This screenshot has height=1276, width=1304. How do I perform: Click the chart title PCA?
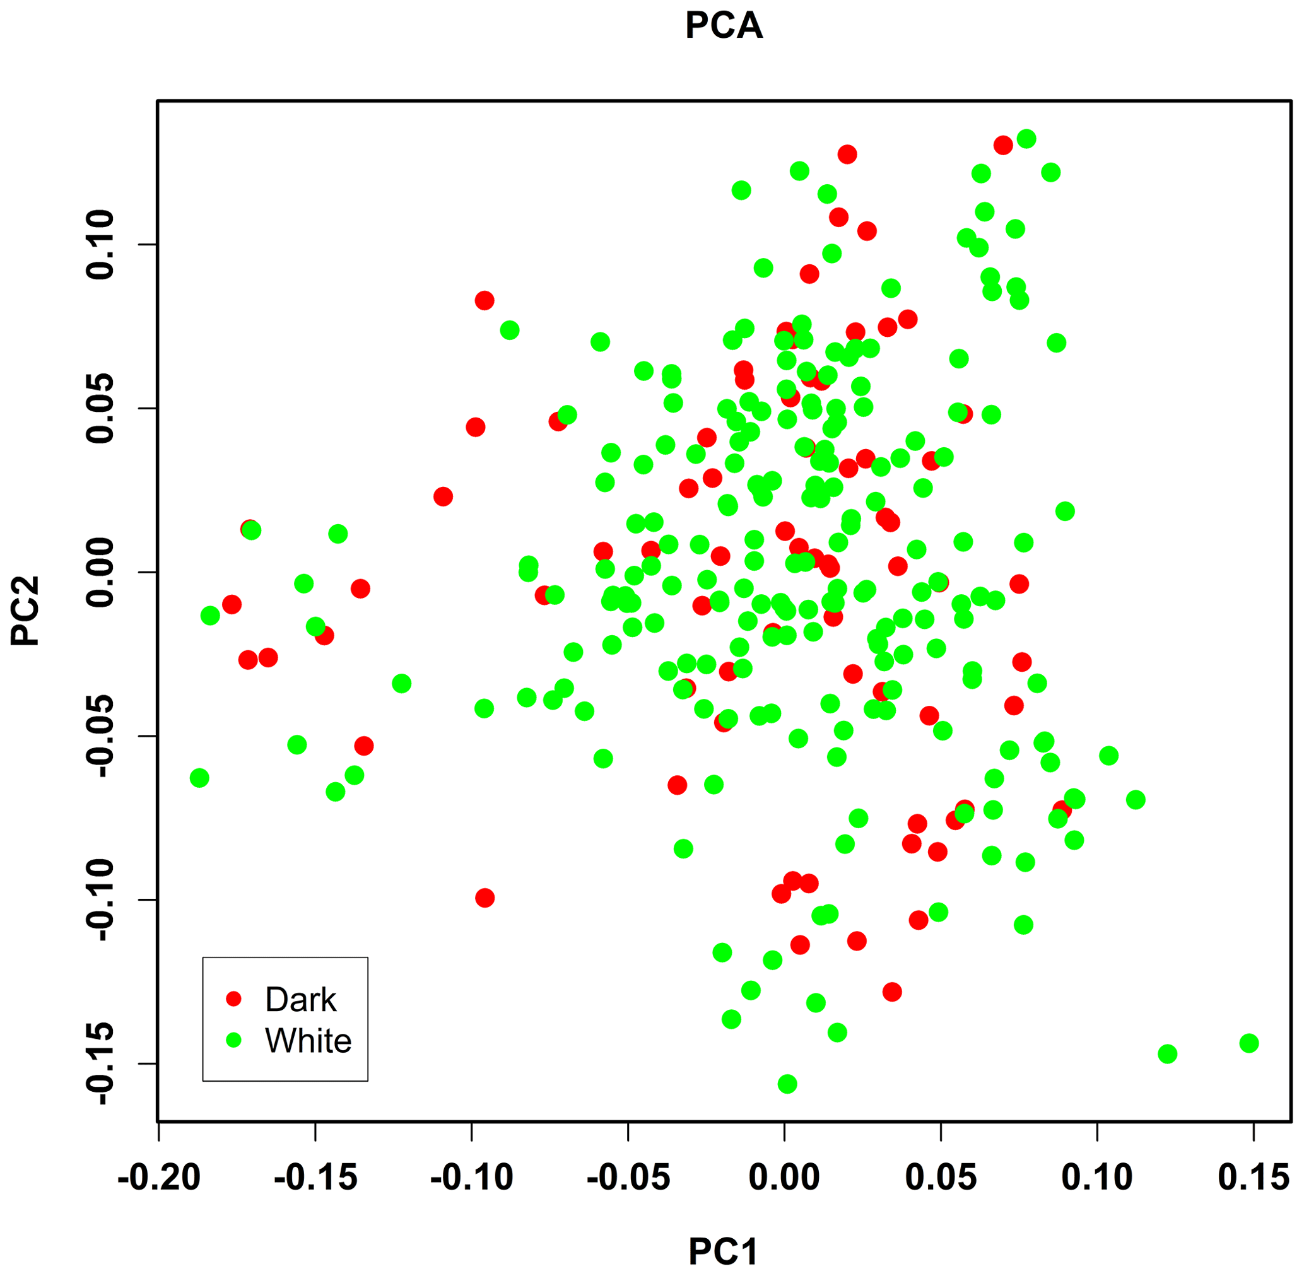point(724,26)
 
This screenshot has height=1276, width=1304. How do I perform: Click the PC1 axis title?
point(724,1251)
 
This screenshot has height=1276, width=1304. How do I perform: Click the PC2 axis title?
point(25,611)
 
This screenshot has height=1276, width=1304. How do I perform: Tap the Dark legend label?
point(300,1000)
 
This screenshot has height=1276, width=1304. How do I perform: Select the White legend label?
point(308,1041)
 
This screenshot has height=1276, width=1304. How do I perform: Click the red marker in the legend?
point(233,999)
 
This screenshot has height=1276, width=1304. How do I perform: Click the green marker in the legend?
point(233,1040)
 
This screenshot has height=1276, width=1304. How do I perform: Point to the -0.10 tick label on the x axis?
point(471,1178)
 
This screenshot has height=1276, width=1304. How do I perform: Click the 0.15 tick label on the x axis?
point(1253,1178)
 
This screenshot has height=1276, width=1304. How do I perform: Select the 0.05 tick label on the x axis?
point(941,1178)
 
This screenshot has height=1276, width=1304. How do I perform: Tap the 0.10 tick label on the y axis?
point(100,244)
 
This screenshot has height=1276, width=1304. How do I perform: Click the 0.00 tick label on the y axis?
point(100,572)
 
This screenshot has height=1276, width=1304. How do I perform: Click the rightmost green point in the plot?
point(1248,1043)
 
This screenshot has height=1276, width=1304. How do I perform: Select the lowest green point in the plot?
point(787,1084)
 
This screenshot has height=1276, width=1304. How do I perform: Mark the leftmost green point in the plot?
point(199,778)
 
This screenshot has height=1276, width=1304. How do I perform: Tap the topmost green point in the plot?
point(1026,139)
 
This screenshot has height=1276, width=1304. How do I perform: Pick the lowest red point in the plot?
point(891,992)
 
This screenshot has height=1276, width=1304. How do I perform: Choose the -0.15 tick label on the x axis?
point(315,1178)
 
